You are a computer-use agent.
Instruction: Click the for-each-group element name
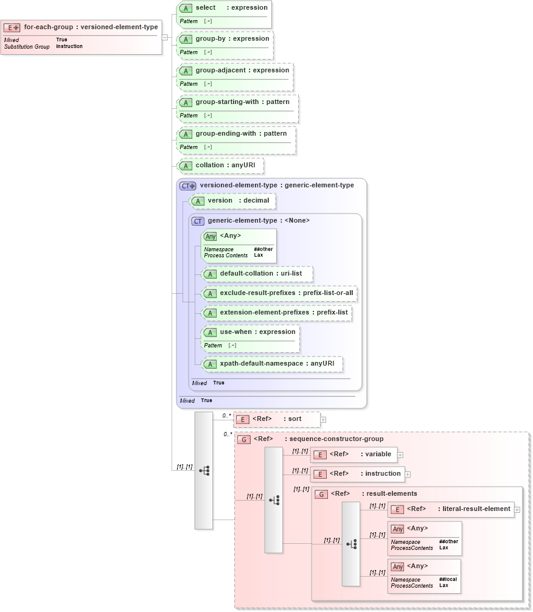point(91,27)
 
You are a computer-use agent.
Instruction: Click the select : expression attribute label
point(231,7)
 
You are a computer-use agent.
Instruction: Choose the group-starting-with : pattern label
point(242,102)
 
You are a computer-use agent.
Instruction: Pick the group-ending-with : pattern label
point(241,134)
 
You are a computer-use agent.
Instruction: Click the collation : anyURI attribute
point(221,165)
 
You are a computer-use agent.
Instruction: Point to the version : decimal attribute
point(238,201)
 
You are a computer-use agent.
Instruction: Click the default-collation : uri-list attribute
point(260,274)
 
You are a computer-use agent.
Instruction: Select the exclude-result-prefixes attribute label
point(286,293)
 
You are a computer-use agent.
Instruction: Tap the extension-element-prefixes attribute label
point(284,313)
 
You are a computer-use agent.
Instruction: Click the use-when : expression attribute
point(257,332)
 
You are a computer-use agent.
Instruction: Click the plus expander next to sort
point(324,419)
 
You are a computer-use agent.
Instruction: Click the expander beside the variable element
point(400,454)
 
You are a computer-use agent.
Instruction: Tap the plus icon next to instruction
point(408,474)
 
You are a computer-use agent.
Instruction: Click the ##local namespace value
point(448,579)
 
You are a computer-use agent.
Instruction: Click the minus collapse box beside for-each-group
point(165,37)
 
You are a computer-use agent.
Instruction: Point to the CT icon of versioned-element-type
point(188,186)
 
